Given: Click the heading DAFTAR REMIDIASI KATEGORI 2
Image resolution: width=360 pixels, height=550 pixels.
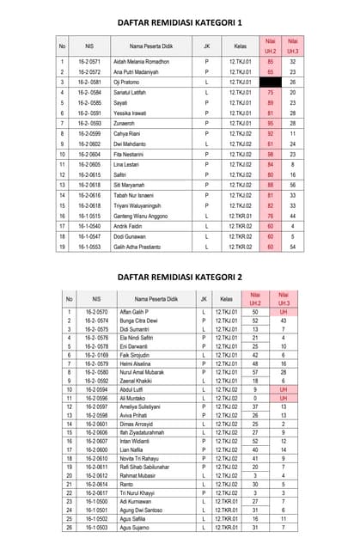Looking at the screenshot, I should pos(180,277).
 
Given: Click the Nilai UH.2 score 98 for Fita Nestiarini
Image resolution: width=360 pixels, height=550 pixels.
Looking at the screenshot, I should pos(271,155).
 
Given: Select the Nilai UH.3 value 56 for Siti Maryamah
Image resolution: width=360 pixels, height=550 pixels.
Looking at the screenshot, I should pos(293,186).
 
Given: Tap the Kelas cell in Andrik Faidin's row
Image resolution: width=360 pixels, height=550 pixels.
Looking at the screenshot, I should pos(240,227).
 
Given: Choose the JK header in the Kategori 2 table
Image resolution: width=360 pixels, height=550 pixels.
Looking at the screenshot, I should pos(203,299).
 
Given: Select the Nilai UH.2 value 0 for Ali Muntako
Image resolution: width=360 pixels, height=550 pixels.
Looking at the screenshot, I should pos(255,399).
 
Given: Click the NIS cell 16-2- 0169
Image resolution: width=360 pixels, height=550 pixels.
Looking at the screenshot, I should pos(96,355).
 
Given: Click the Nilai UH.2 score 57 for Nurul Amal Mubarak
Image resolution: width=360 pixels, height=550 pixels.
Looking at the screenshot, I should pos(255,372).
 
